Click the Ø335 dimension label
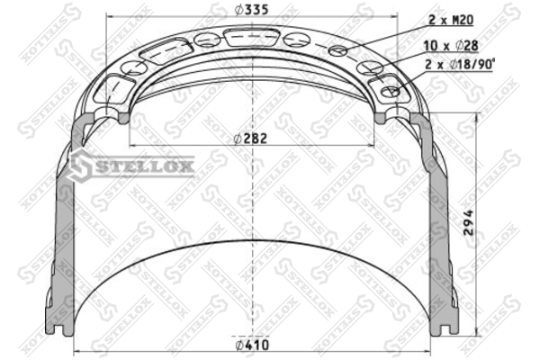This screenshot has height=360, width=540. coord(251,10)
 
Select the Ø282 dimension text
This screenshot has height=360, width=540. coord(250,139)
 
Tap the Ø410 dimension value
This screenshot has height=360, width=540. coord(252,345)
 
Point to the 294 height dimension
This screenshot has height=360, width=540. coord(469,223)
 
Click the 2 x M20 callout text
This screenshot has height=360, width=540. coord(451,20)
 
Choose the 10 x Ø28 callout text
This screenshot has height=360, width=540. coord(451,46)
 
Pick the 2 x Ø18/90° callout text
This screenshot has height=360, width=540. coord(459,65)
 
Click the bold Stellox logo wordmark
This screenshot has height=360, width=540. coord(144,167)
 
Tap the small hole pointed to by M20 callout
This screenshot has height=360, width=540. coord(337,51)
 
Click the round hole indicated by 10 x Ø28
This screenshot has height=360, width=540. coord(368,67)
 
